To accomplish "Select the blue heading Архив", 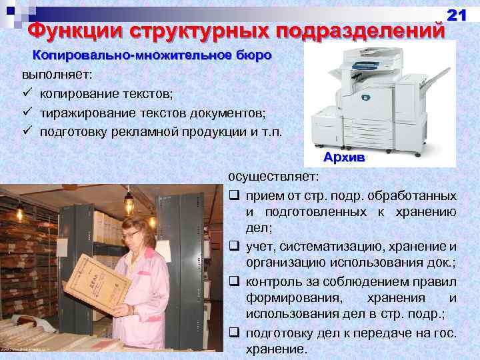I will coord(344,157).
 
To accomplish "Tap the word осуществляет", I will coord(273,177).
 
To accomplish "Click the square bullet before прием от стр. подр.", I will coord(234,196).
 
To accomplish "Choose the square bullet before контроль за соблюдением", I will coord(234,280).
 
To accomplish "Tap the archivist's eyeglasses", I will coord(131,234).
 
